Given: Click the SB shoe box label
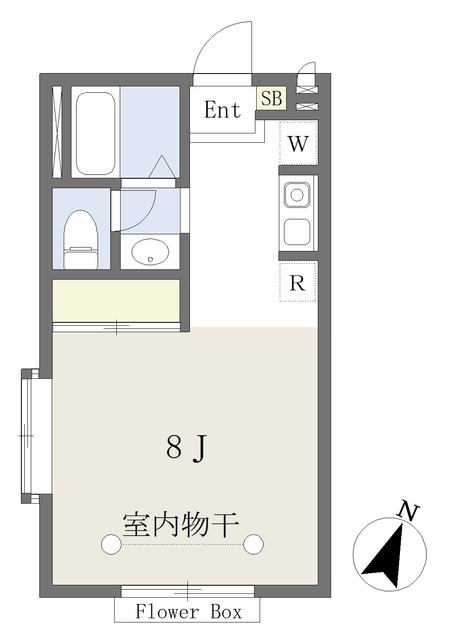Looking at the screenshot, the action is tap(271, 98).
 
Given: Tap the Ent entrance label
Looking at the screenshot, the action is tap(222, 110).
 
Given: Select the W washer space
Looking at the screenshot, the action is tap(298, 143).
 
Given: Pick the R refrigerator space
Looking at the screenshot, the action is tap(298, 282).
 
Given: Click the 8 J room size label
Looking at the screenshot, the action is tap(187, 448).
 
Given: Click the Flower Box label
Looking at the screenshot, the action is tap(189, 612).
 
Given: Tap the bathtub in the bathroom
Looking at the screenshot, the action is tap(96, 133).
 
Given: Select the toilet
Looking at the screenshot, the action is tap(80, 239).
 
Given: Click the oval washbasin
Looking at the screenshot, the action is tap(150, 252).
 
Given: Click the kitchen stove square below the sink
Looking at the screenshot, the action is tap(297, 231).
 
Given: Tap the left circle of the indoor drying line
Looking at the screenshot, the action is tap(111, 544).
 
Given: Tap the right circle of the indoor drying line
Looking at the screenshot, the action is tap(254, 544).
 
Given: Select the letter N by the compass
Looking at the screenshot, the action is tap(409, 511).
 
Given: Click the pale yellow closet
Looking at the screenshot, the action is tap(116, 300).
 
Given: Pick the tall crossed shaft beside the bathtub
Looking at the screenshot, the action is tap(57, 132).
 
